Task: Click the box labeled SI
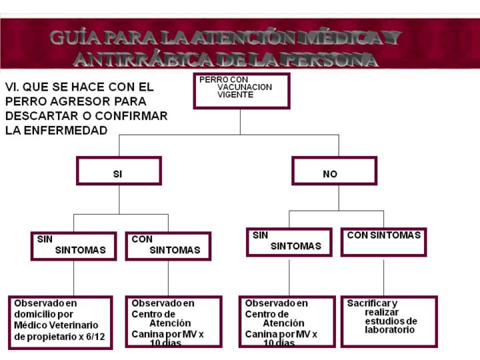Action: (x=119, y=171)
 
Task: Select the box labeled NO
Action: (x=334, y=171)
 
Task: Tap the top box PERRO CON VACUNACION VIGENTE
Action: (x=241, y=91)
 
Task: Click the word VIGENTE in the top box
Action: (x=235, y=95)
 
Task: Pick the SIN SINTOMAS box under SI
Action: (x=73, y=246)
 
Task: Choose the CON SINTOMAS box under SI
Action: (x=168, y=246)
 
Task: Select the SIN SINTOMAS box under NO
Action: (x=289, y=242)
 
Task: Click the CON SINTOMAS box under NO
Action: (x=383, y=242)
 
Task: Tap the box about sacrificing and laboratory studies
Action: (x=389, y=321)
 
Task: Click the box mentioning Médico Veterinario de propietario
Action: (x=60, y=323)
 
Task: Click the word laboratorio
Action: (x=389, y=330)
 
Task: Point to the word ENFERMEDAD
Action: (x=65, y=131)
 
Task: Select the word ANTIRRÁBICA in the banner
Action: (x=143, y=59)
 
